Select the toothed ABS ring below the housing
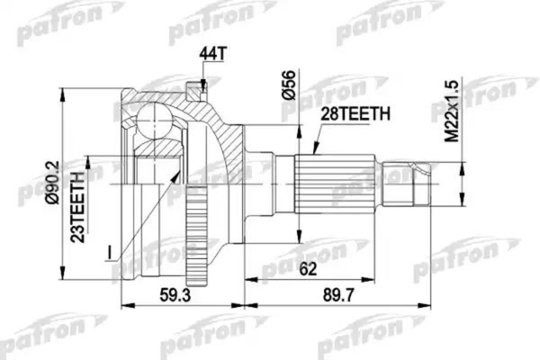[197, 242]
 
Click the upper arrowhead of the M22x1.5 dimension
[462, 163]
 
